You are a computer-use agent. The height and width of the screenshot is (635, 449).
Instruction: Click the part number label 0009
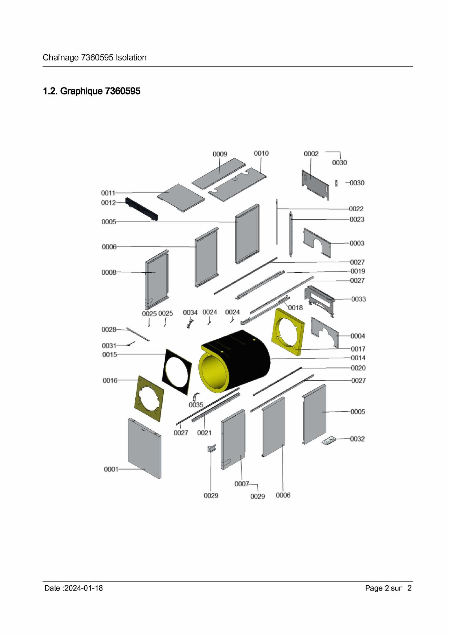click(x=220, y=154)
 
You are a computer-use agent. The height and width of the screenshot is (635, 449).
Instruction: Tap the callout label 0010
click(x=261, y=153)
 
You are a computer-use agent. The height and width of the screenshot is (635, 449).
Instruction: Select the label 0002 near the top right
click(x=311, y=154)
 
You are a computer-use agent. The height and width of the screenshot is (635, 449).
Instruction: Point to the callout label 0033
click(x=359, y=299)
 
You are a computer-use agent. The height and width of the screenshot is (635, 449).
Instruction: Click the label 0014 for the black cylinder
click(x=358, y=358)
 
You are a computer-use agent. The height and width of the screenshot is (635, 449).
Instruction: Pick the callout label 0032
click(x=357, y=439)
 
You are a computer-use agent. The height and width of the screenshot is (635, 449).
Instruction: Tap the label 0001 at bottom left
click(x=111, y=469)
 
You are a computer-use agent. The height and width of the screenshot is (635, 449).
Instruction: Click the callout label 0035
click(x=196, y=405)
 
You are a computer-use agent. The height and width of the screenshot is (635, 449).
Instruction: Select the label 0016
click(x=110, y=380)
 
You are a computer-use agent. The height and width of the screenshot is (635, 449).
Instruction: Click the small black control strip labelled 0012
click(x=142, y=209)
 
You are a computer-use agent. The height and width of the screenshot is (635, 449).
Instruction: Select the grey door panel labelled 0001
click(x=145, y=448)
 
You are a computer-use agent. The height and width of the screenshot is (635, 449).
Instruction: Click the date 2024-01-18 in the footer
click(x=83, y=588)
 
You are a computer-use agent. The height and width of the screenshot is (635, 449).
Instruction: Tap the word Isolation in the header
click(x=131, y=58)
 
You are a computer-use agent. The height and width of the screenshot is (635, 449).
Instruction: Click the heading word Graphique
click(x=82, y=91)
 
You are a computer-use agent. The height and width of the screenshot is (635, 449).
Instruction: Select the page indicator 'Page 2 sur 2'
click(x=388, y=588)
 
